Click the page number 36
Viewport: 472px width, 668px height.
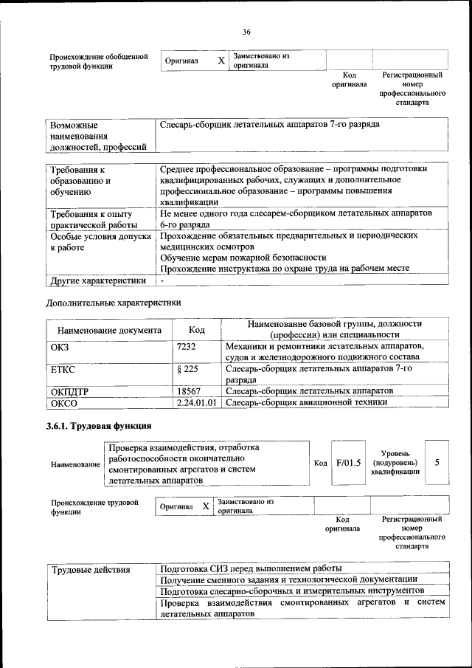coord(246,32)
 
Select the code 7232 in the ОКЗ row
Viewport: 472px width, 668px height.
coord(187,346)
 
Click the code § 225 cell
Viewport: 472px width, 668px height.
coord(188,368)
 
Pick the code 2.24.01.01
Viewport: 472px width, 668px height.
coord(198,402)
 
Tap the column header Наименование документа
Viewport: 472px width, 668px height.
coord(108,331)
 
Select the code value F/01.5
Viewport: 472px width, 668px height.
coord(348,463)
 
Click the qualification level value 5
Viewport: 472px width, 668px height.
coord(437,462)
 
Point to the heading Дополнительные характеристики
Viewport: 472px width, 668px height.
coord(113,302)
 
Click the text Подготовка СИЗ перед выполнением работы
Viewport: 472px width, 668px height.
coord(251,568)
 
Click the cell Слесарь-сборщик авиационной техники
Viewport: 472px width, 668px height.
coord(305,402)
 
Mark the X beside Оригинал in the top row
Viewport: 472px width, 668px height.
coord(221,61)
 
